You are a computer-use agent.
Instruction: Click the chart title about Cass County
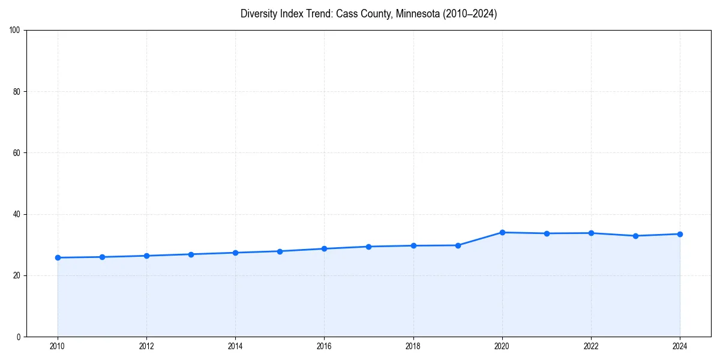coord(368,14)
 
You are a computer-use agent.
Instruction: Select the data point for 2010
coord(58,257)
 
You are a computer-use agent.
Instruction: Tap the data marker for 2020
coord(502,232)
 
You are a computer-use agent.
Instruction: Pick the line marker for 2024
coord(680,234)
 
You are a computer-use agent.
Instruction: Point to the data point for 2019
coord(458,245)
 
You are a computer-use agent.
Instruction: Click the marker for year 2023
coord(635,236)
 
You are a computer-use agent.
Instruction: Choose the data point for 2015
coord(280,251)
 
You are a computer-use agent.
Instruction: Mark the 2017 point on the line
coord(369,247)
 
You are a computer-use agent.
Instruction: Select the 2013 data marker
coord(191,254)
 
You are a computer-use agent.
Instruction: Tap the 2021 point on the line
coord(547,233)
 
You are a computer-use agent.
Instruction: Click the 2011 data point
coord(102,257)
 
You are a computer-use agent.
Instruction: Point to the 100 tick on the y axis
coord(15,31)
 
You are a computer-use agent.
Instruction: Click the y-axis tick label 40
coord(17,214)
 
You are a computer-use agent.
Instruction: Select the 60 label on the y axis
coord(17,153)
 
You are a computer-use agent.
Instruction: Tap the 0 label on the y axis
coord(19,337)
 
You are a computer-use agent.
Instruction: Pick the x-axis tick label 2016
coord(325,346)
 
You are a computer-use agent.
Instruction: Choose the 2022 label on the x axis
coord(591,346)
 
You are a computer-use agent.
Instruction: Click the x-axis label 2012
coord(146,346)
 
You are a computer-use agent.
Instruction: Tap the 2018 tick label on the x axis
coord(413,346)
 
